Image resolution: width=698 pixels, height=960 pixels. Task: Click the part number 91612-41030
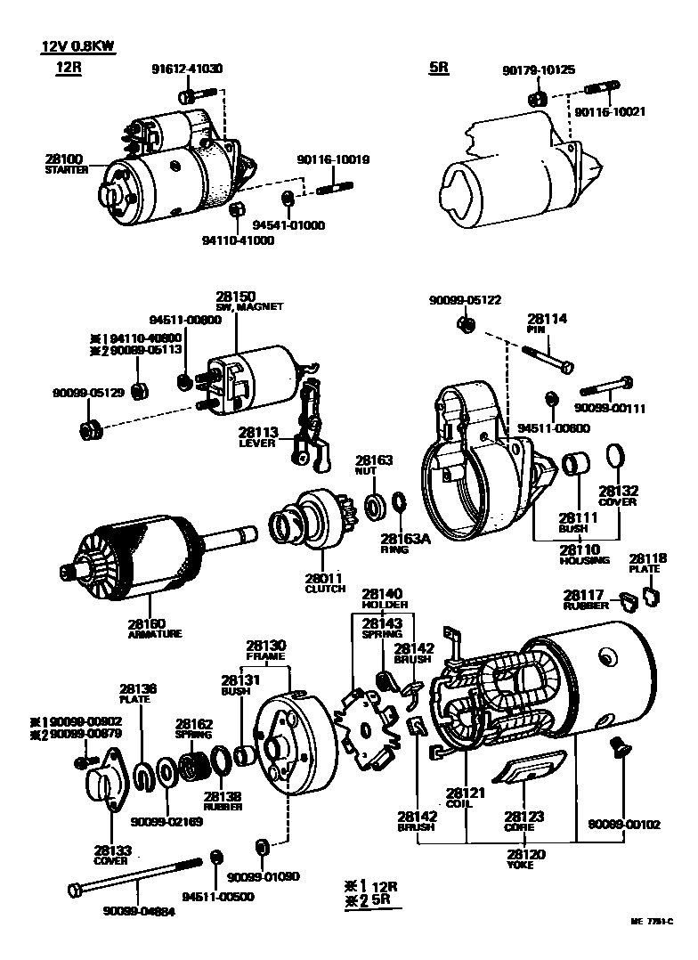(187, 68)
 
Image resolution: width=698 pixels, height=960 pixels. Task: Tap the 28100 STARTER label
(66, 164)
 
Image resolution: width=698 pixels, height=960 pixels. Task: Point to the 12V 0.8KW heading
(77, 46)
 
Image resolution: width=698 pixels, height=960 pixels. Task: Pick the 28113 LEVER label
(257, 436)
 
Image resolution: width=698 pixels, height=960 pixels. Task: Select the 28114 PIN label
(547, 323)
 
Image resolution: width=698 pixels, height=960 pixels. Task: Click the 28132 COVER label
(618, 496)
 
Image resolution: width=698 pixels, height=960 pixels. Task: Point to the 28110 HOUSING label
(584, 555)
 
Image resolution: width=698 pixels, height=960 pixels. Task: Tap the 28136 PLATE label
(138, 693)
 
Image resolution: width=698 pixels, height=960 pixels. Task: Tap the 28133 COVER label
(111, 855)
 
